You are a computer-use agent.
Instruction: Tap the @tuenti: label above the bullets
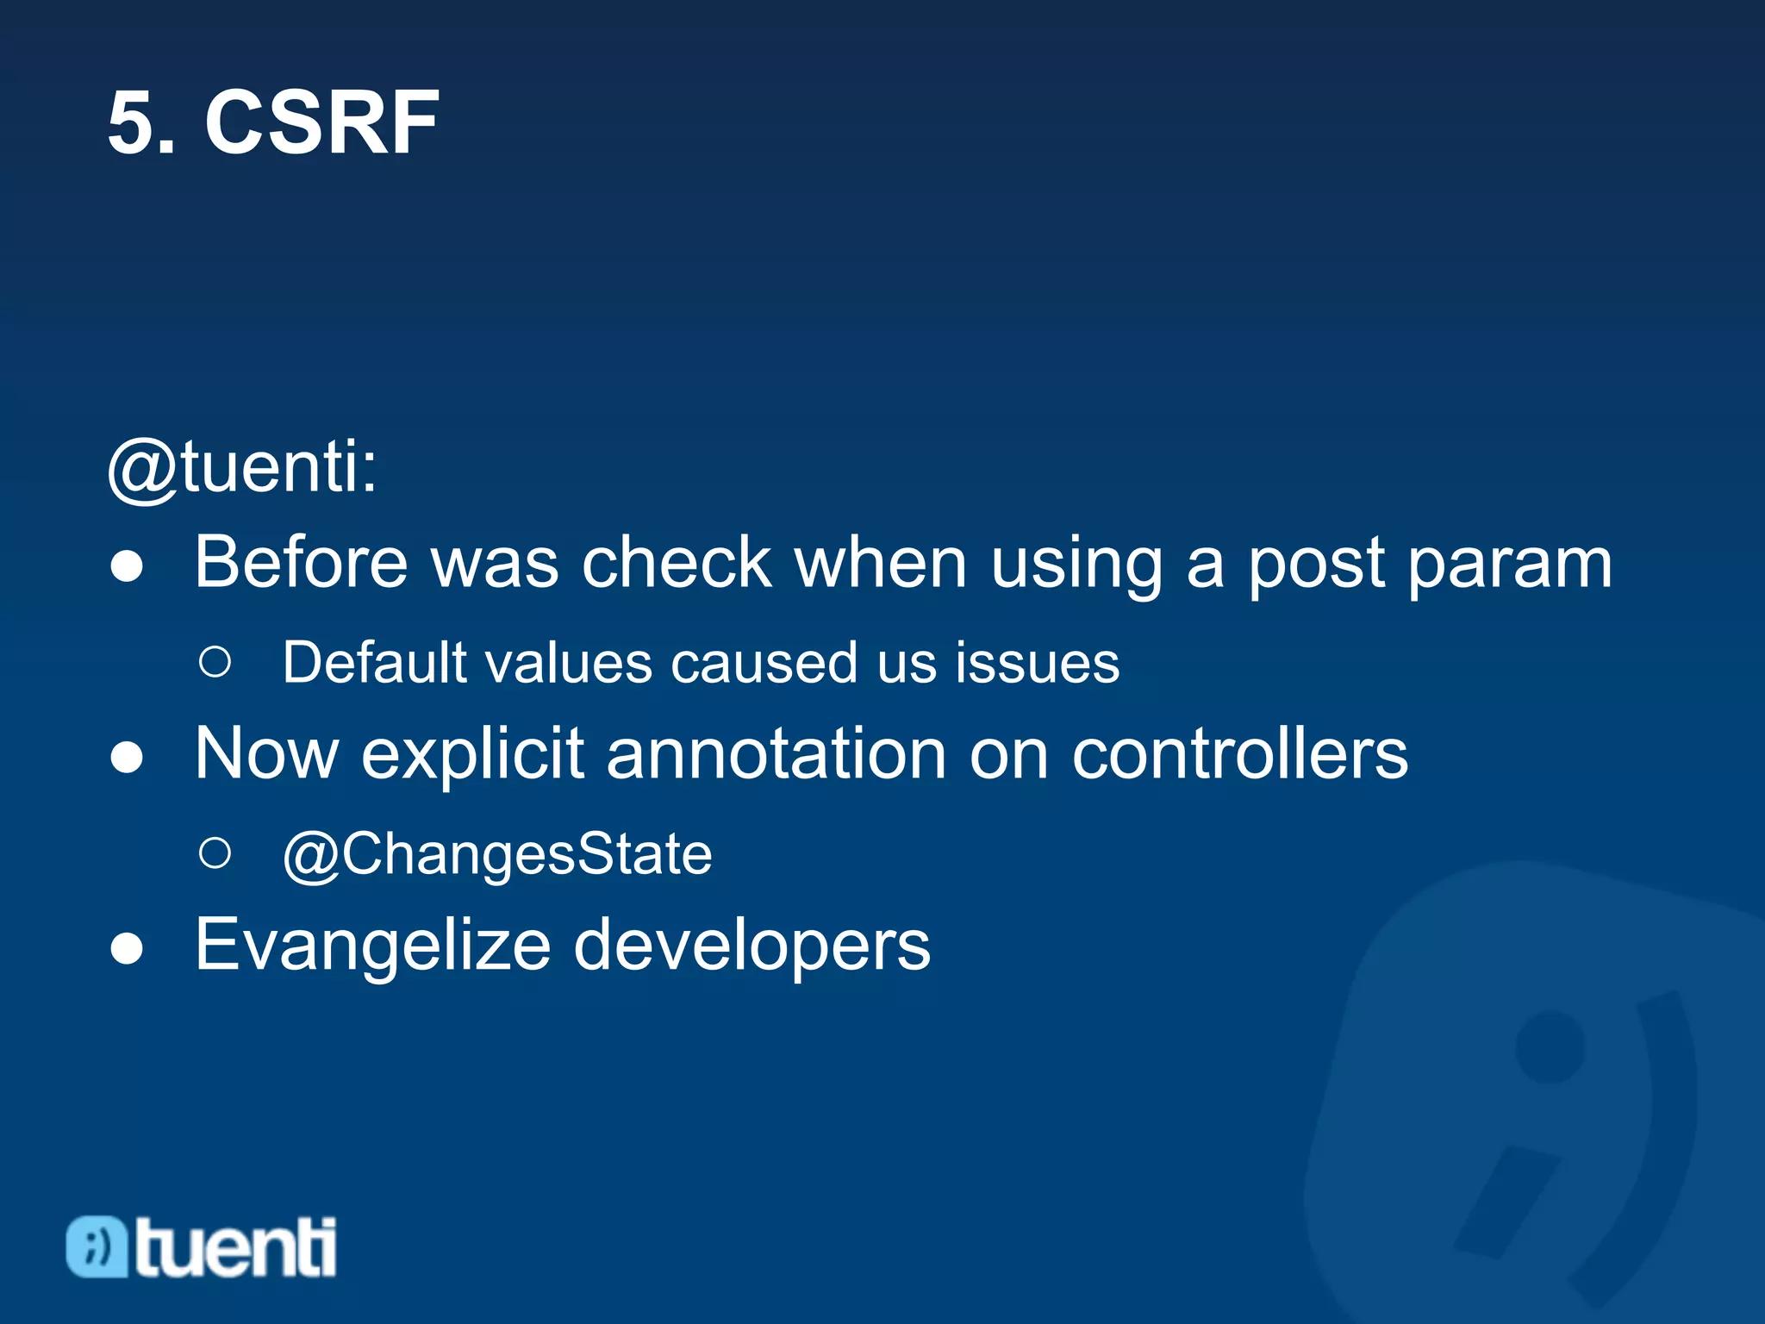point(242,467)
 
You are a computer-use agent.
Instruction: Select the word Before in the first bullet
point(300,563)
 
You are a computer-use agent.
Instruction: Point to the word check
point(677,563)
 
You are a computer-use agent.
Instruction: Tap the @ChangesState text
point(497,855)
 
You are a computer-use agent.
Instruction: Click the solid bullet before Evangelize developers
point(127,949)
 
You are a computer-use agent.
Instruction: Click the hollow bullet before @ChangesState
point(215,853)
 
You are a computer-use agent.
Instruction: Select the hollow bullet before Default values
point(215,662)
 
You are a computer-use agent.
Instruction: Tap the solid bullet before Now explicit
point(127,758)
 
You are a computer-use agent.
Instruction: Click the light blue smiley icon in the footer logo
point(97,1246)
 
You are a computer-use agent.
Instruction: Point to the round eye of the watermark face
point(1550,1046)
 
